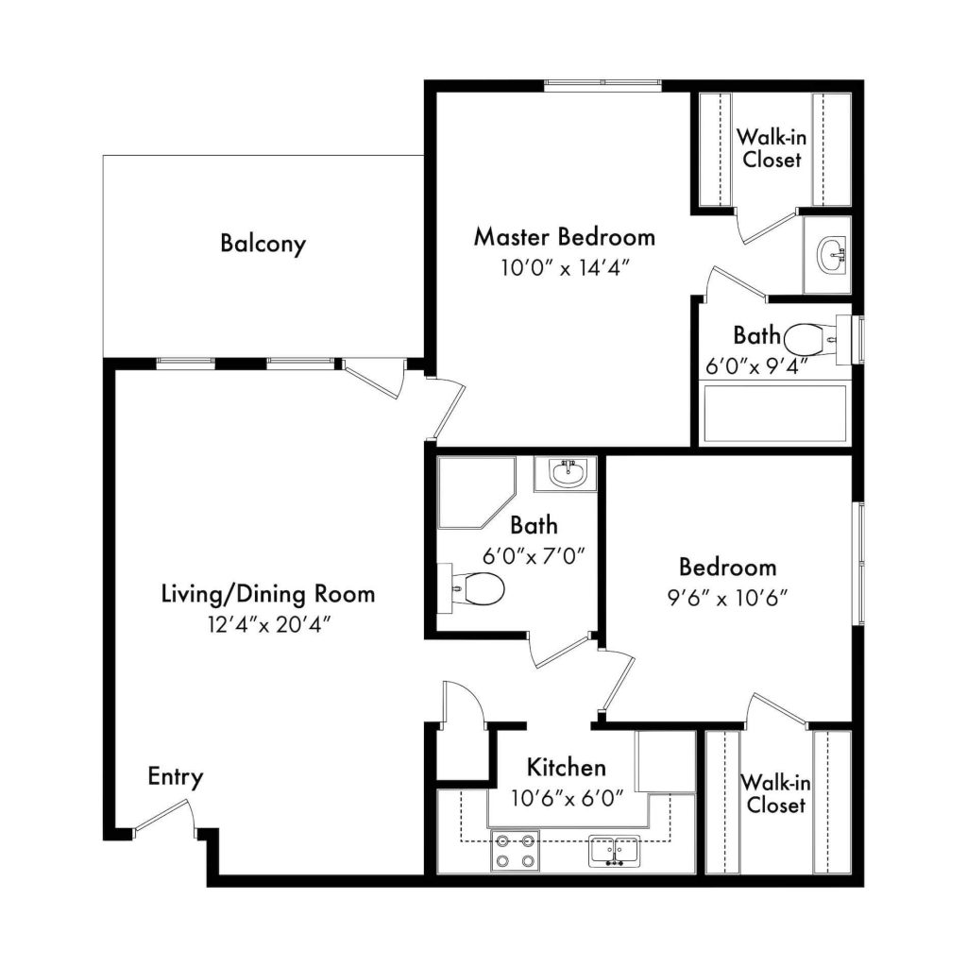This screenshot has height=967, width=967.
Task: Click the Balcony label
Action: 263,243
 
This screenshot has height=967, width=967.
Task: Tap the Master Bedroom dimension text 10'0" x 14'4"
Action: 565,268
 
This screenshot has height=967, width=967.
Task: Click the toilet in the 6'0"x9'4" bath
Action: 810,340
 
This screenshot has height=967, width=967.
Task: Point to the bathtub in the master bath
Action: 775,414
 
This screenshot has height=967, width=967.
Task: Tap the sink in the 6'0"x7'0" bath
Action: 566,474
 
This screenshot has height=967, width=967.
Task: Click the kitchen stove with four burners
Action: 516,851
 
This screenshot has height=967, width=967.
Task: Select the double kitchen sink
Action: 614,851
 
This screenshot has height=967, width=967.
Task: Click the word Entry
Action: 176,776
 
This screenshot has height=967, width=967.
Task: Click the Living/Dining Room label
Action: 268,595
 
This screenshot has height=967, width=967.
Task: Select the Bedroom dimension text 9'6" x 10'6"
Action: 728,598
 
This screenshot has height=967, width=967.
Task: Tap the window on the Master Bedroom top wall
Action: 602,86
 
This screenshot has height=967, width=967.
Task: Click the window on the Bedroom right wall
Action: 857,564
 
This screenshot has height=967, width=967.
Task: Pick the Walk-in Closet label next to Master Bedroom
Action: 772,148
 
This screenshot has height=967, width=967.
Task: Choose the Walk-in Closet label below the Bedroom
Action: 776,793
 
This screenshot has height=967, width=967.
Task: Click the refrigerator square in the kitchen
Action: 666,762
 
